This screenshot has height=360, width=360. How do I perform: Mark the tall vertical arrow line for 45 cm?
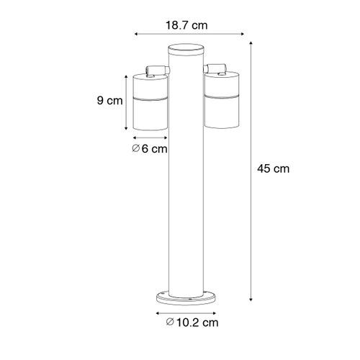pos(251,169)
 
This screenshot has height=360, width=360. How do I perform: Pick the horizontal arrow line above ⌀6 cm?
pos(150,137)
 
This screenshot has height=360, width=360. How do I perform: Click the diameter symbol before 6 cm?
pos(136,150)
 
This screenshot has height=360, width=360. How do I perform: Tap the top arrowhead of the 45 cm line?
pos(251,45)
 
